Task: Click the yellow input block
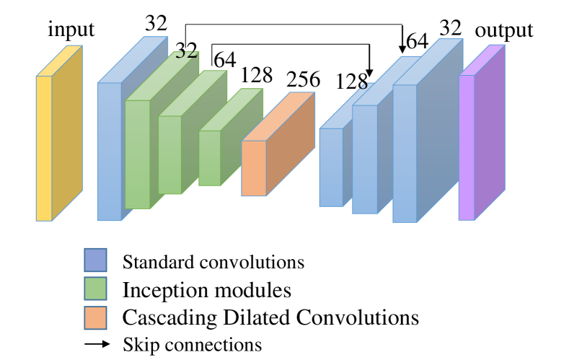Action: (44, 147)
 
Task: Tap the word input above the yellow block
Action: (71, 30)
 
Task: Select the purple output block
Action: (467, 147)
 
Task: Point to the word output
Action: (504, 30)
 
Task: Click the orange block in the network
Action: (254, 167)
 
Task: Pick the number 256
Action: (303, 79)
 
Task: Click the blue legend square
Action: (95, 260)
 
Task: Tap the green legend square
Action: (95, 289)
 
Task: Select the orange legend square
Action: (95, 317)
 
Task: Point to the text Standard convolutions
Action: (213, 261)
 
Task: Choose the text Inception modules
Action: (207, 290)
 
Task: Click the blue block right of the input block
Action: (109, 151)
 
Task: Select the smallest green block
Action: (209, 157)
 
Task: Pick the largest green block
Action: (137, 154)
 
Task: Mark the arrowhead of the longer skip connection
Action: (402, 48)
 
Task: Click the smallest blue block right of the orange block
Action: (331, 167)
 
